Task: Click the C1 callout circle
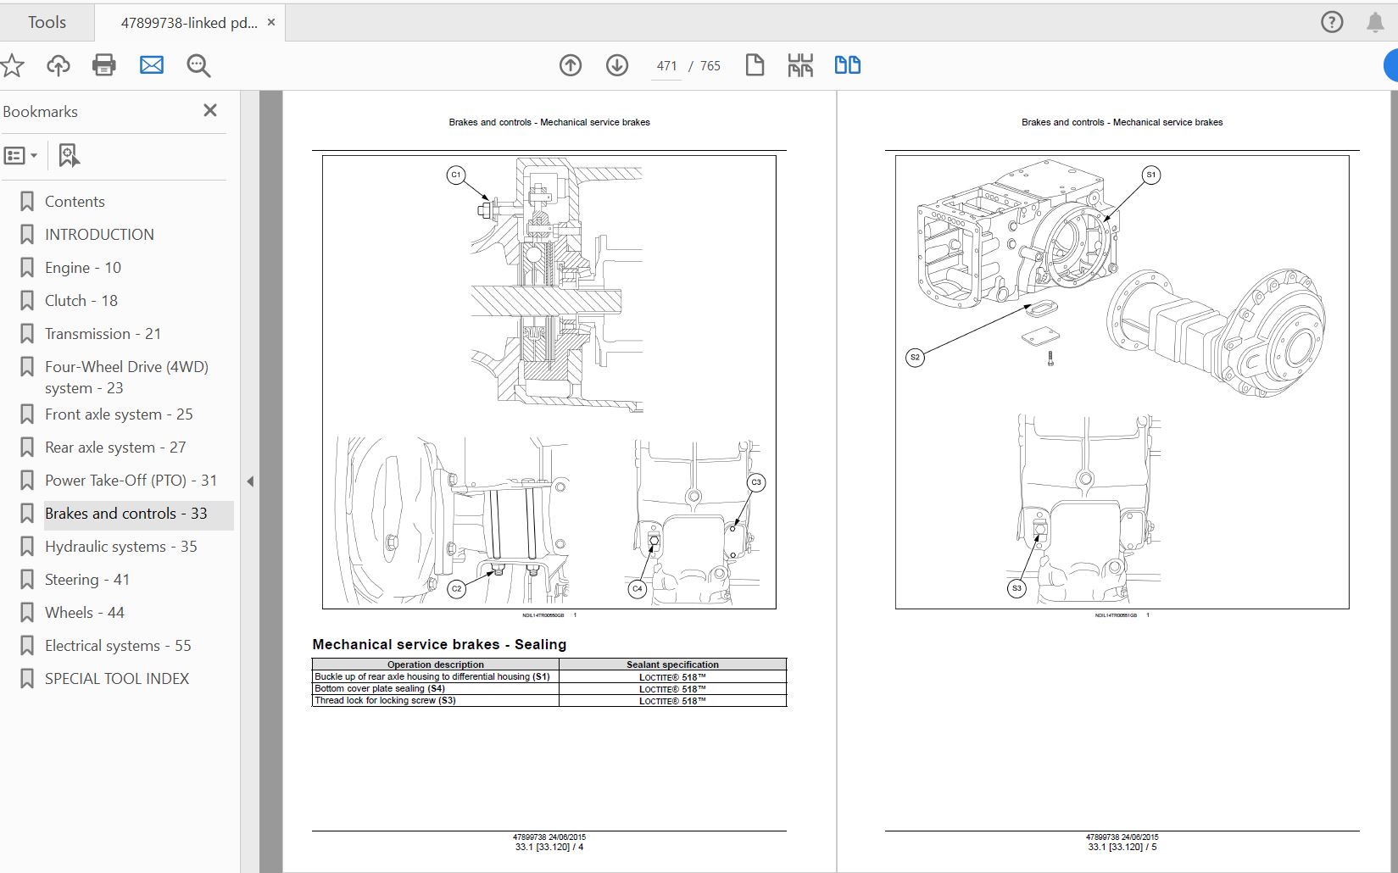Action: coord(456,175)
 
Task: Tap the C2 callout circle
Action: coord(456,588)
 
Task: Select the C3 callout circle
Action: coord(756,482)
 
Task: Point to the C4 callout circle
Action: coord(638,588)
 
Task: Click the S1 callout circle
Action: coord(1150,175)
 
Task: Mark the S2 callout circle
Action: coord(915,358)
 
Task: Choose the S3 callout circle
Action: coord(1016,588)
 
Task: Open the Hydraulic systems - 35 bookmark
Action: coord(120,547)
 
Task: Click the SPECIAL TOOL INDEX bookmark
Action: coord(116,679)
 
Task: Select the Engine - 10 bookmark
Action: coord(82,268)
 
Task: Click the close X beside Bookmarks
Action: coord(210,110)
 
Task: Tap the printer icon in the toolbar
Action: coord(103,65)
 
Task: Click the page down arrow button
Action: coord(616,65)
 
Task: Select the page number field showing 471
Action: coord(666,66)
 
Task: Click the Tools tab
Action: coord(47,22)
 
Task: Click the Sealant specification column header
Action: coord(672,664)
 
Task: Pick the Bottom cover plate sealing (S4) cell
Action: coord(435,688)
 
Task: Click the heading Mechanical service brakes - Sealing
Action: coord(439,644)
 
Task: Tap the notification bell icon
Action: coord(1375,23)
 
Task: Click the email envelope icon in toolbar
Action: coord(152,65)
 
